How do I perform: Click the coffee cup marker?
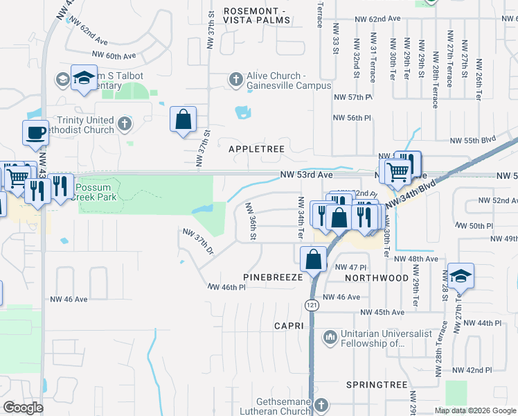(35, 131)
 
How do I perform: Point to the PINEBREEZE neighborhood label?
(273, 277)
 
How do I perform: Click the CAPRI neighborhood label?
(289, 324)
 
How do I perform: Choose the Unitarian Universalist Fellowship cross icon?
(330, 338)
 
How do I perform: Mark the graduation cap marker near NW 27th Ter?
(460, 275)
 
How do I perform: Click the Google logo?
(23, 408)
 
